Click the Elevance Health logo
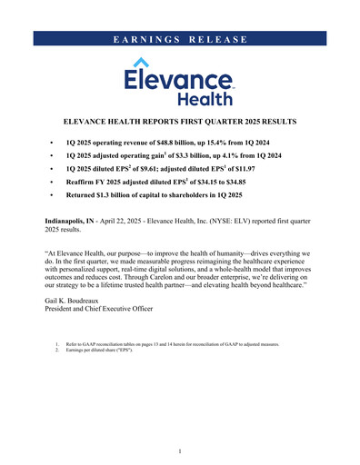[x=179, y=81]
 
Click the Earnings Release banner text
[x=180, y=39]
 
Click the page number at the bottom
[x=180, y=451]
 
